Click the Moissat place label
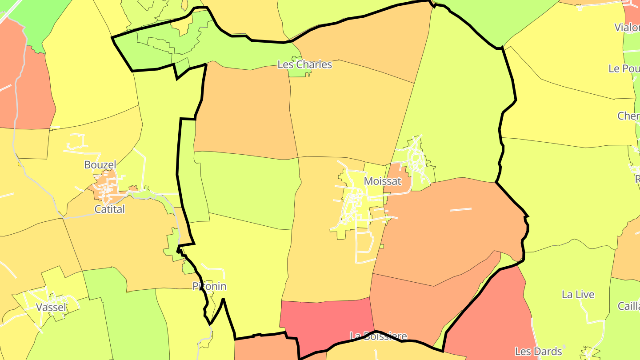[x=382, y=181]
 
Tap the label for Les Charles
[x=304, y=64]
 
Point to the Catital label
[x=110, y=209]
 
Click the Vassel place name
[x=51, y=308]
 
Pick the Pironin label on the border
[x=209, y=286]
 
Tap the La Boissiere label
[x=378, y=336]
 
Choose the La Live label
[x=578, y=295]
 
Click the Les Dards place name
[x=538, y=352]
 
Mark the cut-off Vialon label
[x=627, y=28]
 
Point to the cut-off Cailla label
[x=628, y=306]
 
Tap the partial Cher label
[x=628, y=116]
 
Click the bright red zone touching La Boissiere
[x=327, y=320]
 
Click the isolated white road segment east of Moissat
[x=460, y=209]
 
